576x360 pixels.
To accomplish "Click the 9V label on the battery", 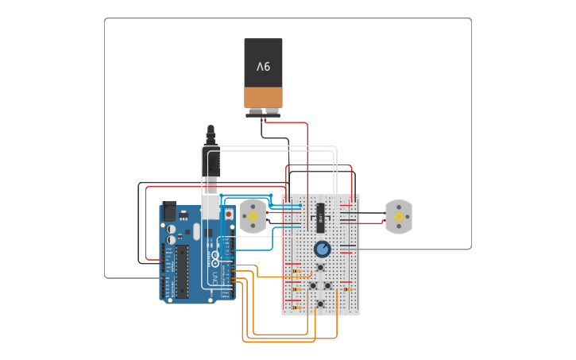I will tap(263, 66).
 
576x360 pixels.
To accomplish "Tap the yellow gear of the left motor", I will tap(253, 215).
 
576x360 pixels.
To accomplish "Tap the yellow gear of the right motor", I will tap(398, 216).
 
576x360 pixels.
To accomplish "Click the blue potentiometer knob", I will tap(322, 250).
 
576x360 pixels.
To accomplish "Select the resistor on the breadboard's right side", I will tap(346, 289).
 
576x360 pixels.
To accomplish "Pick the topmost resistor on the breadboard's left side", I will tap(296, 271).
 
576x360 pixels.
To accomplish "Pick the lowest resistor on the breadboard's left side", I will tap(296, 308).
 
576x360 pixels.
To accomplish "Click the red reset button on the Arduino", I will tap(230, 215).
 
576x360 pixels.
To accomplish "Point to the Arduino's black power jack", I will tap(168, 211).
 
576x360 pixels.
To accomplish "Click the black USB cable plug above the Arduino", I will tap(211, 163).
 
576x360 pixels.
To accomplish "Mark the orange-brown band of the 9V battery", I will tap(263, 97).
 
